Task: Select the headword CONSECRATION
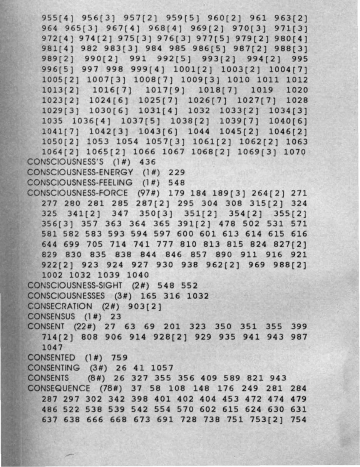pos(60,306)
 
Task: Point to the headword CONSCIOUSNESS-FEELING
pos(80,182)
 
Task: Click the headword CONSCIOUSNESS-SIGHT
pos(75,285)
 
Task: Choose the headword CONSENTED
pos(51,358)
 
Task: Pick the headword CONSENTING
pos(54,368)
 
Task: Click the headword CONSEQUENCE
pos(59,388)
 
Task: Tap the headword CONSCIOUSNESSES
pos(66,296)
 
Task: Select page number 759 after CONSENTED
pos(119,358)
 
